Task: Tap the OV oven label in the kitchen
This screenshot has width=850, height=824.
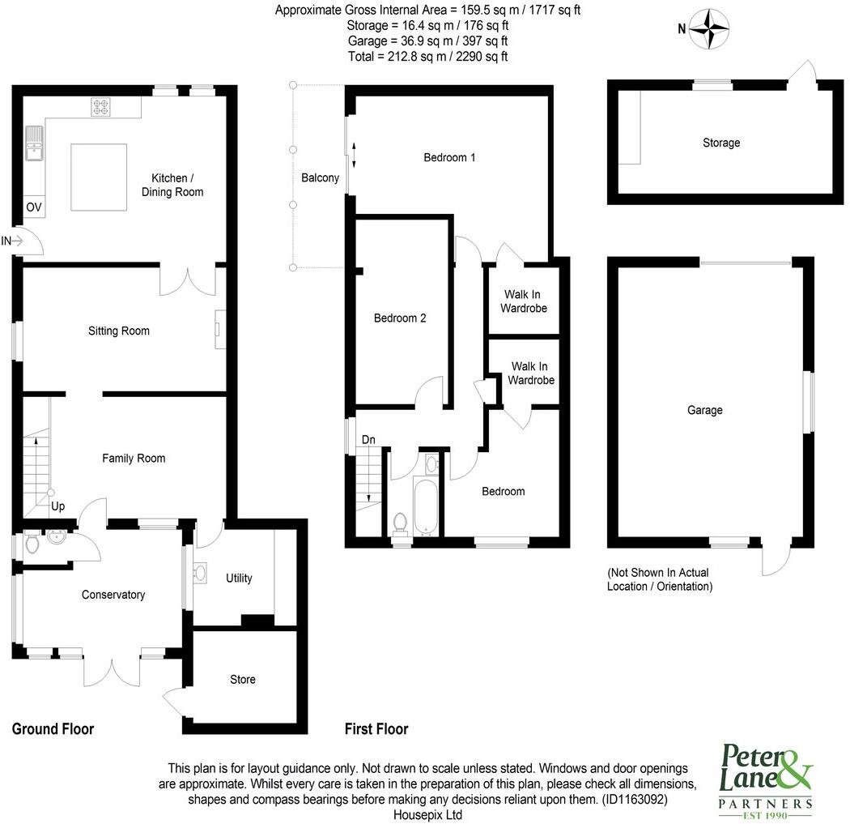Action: [x=33, y=207]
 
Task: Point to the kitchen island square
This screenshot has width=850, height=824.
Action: [x=100, y=176]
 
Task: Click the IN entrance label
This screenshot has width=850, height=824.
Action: [x=6, y=241]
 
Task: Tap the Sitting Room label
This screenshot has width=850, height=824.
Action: [x=119, y=331]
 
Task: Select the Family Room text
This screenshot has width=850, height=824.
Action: [x=134, y=459]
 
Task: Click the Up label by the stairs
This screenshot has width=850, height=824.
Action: [x=58, y=506]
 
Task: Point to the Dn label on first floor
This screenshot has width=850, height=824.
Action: [x=368, y=440]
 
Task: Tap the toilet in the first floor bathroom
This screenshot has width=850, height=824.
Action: [x=399, y=523]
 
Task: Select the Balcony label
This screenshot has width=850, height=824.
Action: [x=320, y=178]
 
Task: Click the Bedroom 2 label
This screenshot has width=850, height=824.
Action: [x=399, y=318]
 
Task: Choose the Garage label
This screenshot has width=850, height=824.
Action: [x=704, y=411]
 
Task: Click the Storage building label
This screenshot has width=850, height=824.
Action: [x=720, y=143]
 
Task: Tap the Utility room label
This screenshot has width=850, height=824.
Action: [x=239, y=579]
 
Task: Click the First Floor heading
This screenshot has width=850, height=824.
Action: [x=376, y=729]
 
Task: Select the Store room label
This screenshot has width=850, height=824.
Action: [x=242, y=679]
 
